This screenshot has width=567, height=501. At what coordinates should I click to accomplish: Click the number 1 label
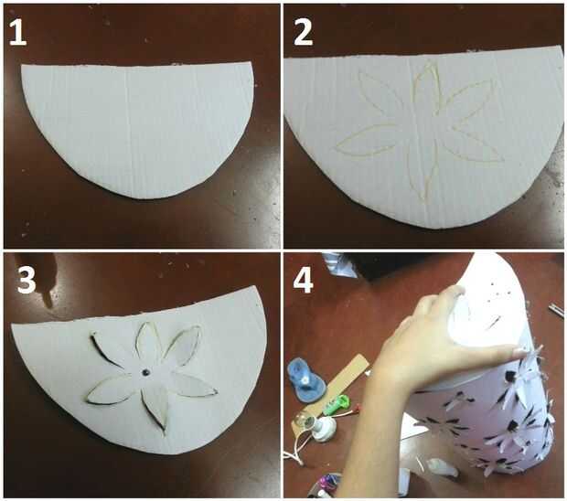click(17, 32)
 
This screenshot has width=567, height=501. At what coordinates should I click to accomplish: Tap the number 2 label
click(304, 32)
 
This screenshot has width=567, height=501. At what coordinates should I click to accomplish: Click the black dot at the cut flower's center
click(145, 372)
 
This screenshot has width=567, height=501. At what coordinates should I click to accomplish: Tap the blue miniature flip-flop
click(306, 378)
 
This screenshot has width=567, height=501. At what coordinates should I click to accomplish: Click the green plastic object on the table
click(337, 405)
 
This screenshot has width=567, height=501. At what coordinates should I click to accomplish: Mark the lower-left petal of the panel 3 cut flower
click(111, 389)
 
